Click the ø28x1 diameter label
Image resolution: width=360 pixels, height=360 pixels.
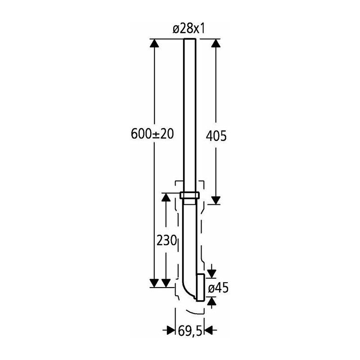click(189, 29)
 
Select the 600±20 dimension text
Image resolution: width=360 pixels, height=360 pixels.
click(152, 134)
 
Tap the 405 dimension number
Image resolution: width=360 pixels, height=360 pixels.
click(216, 136)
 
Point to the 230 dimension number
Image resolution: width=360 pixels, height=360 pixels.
click(166, 241)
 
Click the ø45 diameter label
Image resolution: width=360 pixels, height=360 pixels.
click(218, 288)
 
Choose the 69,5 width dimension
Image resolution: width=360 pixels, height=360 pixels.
click(190, 331)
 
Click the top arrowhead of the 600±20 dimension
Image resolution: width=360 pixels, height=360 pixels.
click(154, 43)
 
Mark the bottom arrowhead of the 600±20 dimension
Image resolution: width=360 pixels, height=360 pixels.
click(154, 283)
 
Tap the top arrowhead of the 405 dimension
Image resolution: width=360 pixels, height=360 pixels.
click(216, 43)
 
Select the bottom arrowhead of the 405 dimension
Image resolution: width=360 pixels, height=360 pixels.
click(216, 200)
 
